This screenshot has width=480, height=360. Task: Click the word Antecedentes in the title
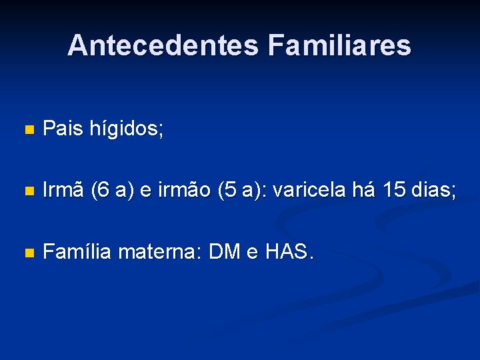click(162, 45)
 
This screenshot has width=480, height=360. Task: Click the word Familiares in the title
click(339, 45)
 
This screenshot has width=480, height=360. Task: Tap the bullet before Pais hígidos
click(27, 131)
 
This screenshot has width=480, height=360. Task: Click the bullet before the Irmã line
click(27, 191)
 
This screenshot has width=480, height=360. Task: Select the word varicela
click(309, 191)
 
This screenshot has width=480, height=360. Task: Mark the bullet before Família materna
click(27, 253)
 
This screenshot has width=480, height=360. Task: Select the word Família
click(77, 252)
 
